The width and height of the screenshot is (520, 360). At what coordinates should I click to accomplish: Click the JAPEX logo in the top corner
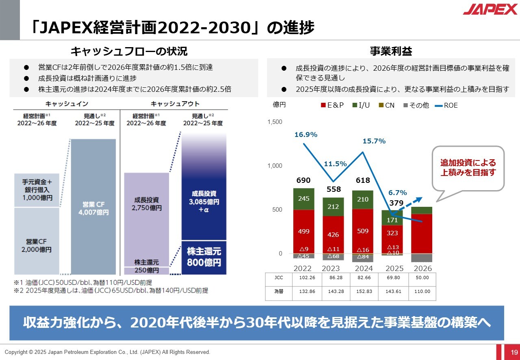tap(490, 9)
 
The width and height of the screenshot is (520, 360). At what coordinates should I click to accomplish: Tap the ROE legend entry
tap(446, 105)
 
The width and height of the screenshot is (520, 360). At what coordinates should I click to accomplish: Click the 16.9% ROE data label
tap(306, 134)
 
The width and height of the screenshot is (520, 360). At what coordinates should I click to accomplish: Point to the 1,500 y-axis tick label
tap(275, 122)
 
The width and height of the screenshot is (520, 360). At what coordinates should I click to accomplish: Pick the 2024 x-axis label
tap(364, 269)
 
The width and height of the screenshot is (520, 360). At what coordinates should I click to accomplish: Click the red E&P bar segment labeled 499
tap(303, 231)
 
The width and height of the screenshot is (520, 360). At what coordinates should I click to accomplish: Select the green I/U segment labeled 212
tap(333, 207)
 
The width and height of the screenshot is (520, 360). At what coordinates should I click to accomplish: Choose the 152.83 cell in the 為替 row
tap(364, 291)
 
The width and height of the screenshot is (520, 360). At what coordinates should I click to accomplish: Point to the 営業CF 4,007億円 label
tap(93, 208)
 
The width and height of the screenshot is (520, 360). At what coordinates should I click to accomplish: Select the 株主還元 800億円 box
tap(204, 257)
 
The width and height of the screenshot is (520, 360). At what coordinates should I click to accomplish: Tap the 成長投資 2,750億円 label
tap(146, 204)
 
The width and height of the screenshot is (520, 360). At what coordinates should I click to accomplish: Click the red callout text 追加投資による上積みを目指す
tap(468, 168)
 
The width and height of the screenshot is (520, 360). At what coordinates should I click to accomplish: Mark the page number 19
tap(514, 352)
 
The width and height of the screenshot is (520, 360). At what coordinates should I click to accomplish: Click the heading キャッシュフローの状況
tap(129, 51)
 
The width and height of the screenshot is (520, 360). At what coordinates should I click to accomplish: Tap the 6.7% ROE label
tap(397, 193)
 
